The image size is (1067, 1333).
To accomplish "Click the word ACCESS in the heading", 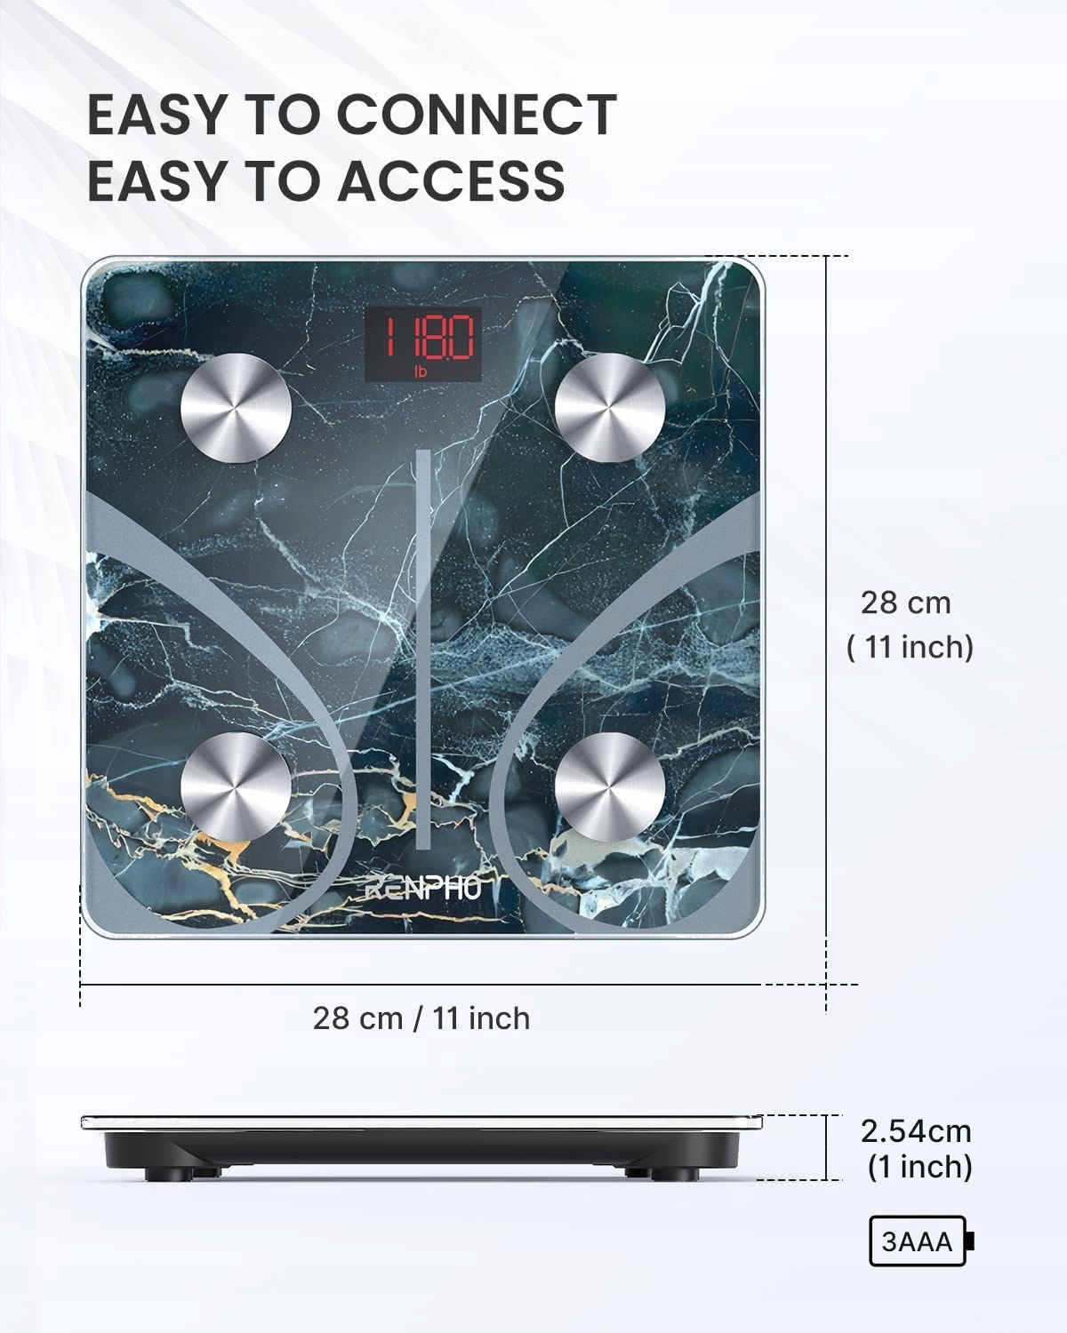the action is point(451,180).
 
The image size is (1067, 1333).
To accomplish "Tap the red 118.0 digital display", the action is point(423,339).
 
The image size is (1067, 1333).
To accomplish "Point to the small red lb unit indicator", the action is point(421,372).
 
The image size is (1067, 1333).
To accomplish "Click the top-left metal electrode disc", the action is point(236,408).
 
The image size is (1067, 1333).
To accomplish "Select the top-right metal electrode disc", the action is point(610,408).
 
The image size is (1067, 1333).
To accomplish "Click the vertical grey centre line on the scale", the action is point(423,649).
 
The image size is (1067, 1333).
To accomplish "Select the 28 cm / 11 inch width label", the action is point(421,1018).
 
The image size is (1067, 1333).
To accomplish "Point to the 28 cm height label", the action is point(906,603).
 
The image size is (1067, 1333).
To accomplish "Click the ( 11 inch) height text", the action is point(910,647).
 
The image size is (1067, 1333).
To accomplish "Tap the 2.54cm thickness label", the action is point(916,1131).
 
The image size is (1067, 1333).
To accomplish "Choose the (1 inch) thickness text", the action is point(919,1167).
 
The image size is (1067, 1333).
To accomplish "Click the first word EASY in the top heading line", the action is point(156,115).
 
